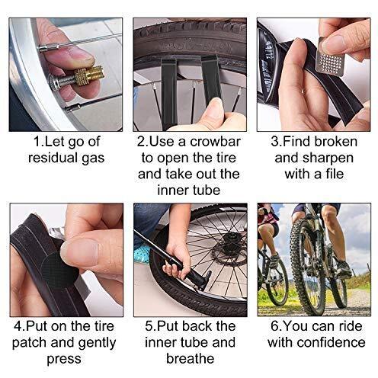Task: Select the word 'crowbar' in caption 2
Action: (215, 142)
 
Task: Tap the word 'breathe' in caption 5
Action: (191, 358)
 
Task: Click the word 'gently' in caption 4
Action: (98, 343)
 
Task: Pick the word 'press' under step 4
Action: (64, 360)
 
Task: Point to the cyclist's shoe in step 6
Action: (344, 268)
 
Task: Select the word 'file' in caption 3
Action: (334, 174)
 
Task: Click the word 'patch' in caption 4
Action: (30, 343)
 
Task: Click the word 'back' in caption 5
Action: (196, 326)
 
